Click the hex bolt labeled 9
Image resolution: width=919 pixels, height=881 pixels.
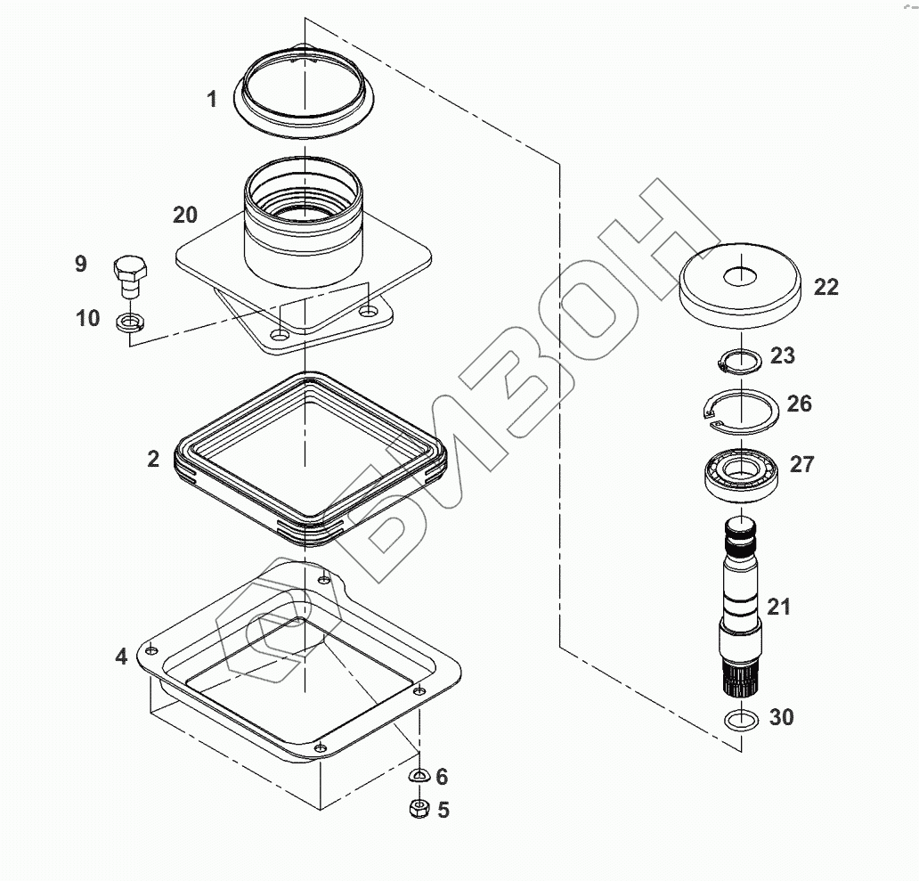point(129,277)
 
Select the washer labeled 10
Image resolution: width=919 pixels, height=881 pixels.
point(130,322)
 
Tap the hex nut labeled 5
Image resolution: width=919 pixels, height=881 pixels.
point(419,809)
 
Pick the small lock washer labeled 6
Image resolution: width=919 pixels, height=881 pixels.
point(419,776)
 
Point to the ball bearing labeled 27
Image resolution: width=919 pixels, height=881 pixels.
point(742,474)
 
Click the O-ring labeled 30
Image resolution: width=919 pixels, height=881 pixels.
point(742,720)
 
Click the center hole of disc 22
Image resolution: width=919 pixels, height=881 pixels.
point(740,277)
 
